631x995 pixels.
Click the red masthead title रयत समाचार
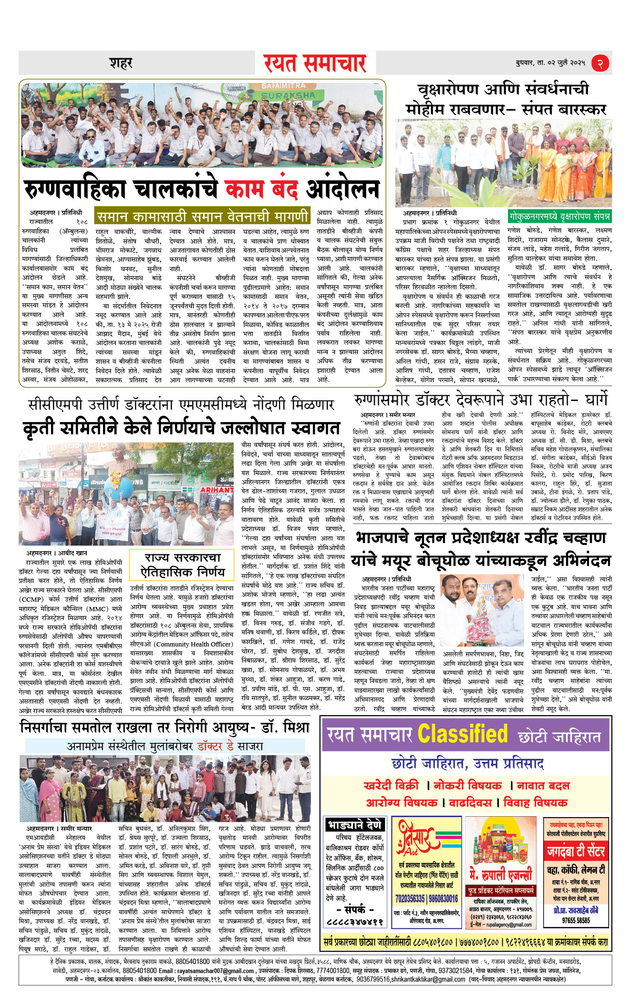[315, 63]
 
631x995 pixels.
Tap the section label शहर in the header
[121, 63]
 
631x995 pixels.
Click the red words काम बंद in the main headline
[261, 189]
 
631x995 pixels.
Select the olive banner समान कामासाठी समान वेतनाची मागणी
[202, 217]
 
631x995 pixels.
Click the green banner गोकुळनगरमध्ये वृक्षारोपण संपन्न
[559, 216]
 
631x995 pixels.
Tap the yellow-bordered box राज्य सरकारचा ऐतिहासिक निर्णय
[183, 565]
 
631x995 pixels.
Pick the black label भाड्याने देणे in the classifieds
[355, 825]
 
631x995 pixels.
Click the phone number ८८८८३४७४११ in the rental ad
[355, 922]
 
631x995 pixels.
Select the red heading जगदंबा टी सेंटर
[576, 851]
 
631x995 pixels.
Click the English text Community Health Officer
[195, 644]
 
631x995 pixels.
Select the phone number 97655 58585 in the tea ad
[576, 921]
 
